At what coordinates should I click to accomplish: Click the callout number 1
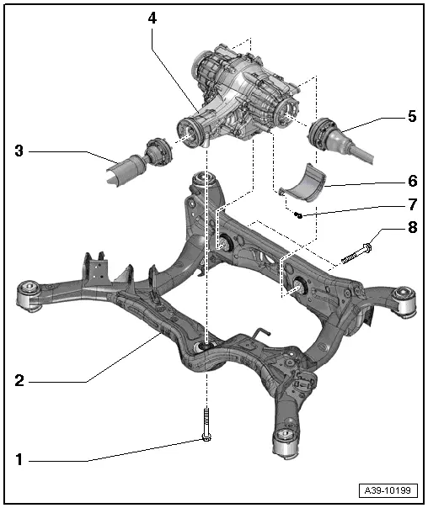click(19, 460)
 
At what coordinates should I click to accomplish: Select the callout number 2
click(19, 381)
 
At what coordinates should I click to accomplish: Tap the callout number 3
click(19, 151)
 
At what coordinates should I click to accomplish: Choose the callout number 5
click(411, 116)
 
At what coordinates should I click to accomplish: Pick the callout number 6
click(411, 180)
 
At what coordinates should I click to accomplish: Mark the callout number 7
click(411, 204)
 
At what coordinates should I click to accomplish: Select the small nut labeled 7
click(298, 215)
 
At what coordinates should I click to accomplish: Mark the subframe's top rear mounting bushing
click(201, 182)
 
